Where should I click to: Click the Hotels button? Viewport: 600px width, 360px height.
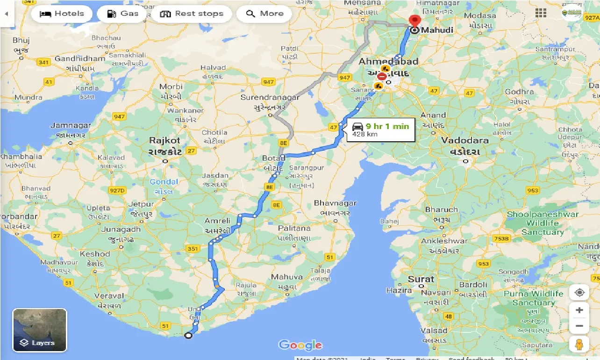61,14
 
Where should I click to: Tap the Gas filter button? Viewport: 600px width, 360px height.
122,14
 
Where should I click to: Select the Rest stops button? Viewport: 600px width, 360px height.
191,14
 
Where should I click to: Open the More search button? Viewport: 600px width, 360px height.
264,14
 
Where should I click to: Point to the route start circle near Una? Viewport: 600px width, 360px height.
188,335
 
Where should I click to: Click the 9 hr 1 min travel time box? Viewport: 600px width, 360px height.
380,130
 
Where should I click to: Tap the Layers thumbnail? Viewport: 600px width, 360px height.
40,330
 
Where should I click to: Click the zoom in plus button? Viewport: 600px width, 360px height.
579,310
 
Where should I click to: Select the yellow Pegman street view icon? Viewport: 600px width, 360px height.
579,345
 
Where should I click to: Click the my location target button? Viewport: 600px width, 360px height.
579,293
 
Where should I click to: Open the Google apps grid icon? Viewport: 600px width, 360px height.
541,13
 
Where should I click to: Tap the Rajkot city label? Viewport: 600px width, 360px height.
164,140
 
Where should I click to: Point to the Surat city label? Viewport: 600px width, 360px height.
421,279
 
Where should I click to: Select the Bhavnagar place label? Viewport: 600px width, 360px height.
335,203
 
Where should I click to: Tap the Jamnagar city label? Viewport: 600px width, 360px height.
71,125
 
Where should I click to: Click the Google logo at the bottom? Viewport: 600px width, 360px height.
300,346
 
